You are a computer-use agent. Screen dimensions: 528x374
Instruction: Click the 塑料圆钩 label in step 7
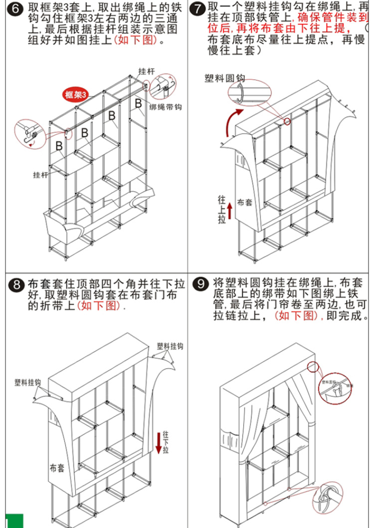225,78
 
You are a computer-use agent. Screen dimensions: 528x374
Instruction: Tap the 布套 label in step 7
245,202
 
